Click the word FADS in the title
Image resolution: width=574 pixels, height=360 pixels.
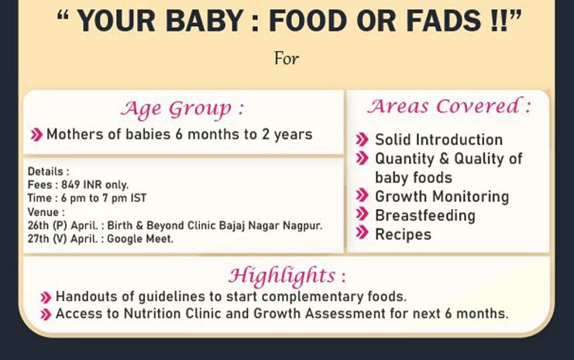(x=444, y=20)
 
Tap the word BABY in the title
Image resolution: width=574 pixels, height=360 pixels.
(x=205, y=20)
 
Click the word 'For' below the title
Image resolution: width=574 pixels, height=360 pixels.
(x=287, y=59)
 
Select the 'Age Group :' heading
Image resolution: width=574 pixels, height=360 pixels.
(x=182, y=109)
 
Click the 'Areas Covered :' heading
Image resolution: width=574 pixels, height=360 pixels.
(x=449, y=106)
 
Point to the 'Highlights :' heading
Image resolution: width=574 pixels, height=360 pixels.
(x=287, y=275)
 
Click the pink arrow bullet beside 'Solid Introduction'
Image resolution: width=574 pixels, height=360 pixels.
(x=362, y=139)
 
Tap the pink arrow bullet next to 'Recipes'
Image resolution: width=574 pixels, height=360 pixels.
(x=362, y=233)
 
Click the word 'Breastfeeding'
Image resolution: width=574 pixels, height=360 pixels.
(x=425, y=215)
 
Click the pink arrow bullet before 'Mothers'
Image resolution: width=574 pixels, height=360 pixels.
(x=36, y=135)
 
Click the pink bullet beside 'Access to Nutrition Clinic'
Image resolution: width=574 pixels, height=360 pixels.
(x=46, y=314)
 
